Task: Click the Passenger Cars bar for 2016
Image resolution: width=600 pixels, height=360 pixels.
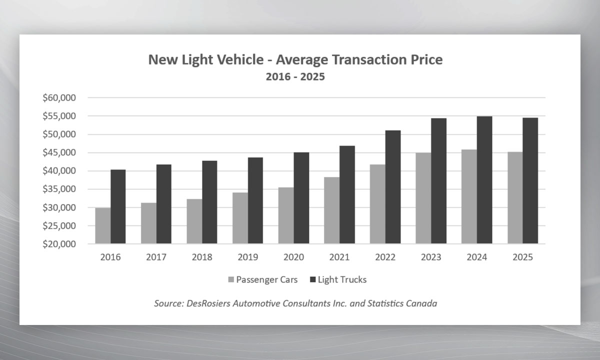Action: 102,225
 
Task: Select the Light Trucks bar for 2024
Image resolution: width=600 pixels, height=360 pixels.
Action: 484,180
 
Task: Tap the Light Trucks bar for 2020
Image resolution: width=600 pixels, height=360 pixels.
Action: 301,198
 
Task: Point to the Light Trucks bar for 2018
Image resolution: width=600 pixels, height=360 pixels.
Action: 209,202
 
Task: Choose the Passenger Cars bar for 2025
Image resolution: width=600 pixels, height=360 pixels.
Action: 515,197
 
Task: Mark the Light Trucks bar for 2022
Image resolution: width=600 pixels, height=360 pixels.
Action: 393,187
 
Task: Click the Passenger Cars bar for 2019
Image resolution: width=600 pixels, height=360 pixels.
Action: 240,218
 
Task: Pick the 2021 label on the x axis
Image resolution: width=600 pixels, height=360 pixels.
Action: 339,257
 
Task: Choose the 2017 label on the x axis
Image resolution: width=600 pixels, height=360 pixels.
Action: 156,257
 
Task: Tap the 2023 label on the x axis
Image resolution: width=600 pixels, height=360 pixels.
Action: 431,257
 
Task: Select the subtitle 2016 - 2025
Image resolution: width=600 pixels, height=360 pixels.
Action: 295,77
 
